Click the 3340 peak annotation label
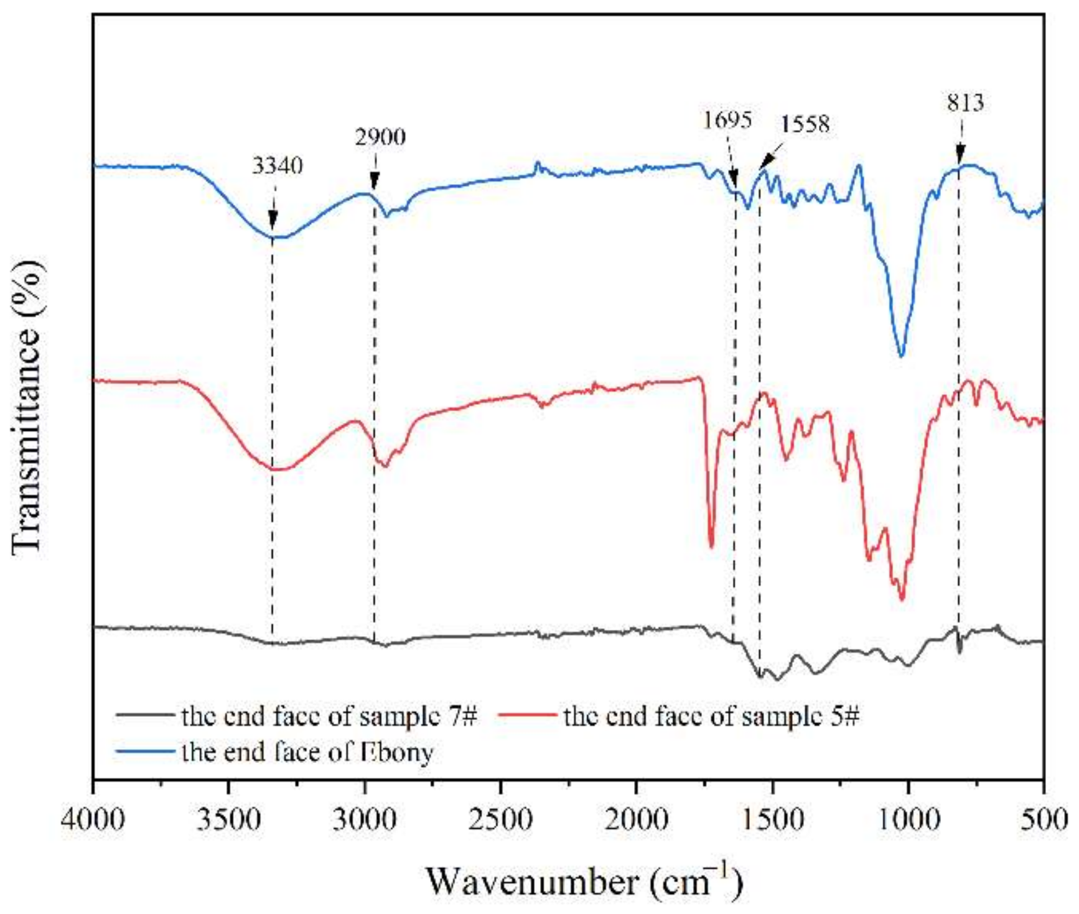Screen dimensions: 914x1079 click(x=278, y=166)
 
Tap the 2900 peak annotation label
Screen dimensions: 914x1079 click(x=380, y=137)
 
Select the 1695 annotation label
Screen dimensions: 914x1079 click(x=727, y=119)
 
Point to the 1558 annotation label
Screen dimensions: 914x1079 click(x=805, y=124)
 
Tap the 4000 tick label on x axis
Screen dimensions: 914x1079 click(x=93, y=819)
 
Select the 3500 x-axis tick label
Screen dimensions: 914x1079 click(x=229, y=819)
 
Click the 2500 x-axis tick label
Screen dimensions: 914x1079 click(x=501, y=819)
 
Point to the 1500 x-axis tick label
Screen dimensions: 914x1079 click(x=773, y=819)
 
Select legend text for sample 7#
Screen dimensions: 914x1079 click(x=329, y=716)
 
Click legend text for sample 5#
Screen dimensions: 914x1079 click(x=711, y=716)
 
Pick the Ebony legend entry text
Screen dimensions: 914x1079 click(x=307, y=752)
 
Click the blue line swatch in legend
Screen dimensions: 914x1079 click(x=145, y=752)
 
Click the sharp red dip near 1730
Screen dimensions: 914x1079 click(x=711, y=546)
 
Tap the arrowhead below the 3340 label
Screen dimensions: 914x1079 click(x=273, y=220)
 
